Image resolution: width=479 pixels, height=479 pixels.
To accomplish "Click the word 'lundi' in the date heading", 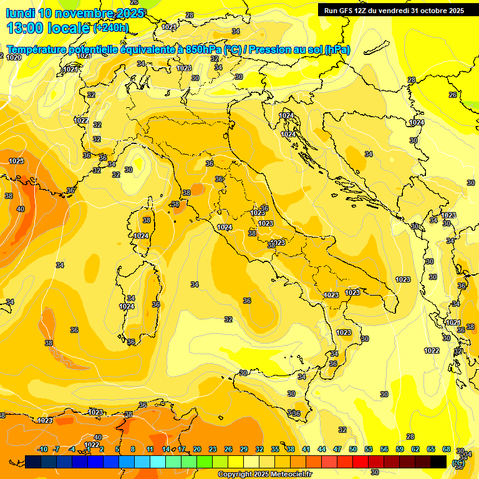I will pos(20,13).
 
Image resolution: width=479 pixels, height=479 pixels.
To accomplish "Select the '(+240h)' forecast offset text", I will pos(111,28).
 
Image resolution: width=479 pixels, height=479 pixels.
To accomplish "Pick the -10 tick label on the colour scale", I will pos(42,449).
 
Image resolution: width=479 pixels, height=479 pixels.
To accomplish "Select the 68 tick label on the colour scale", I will pos(447,449).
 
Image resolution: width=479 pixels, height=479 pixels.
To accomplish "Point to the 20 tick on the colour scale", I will pos(197,449).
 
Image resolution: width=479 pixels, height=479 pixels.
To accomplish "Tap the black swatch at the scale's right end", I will pos(438,462).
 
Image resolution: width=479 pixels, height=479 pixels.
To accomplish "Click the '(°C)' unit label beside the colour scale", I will pos(458,463).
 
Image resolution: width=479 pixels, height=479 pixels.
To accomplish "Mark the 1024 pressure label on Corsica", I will pos(141,236).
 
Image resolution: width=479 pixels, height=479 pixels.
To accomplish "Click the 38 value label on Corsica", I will pos(147,220).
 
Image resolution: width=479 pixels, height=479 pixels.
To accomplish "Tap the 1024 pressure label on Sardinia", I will pos(127,306).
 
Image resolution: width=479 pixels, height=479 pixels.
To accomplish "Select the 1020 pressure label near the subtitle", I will pos(14,57).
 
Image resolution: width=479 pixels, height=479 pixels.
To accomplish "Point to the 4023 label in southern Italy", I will pos(331,295).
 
